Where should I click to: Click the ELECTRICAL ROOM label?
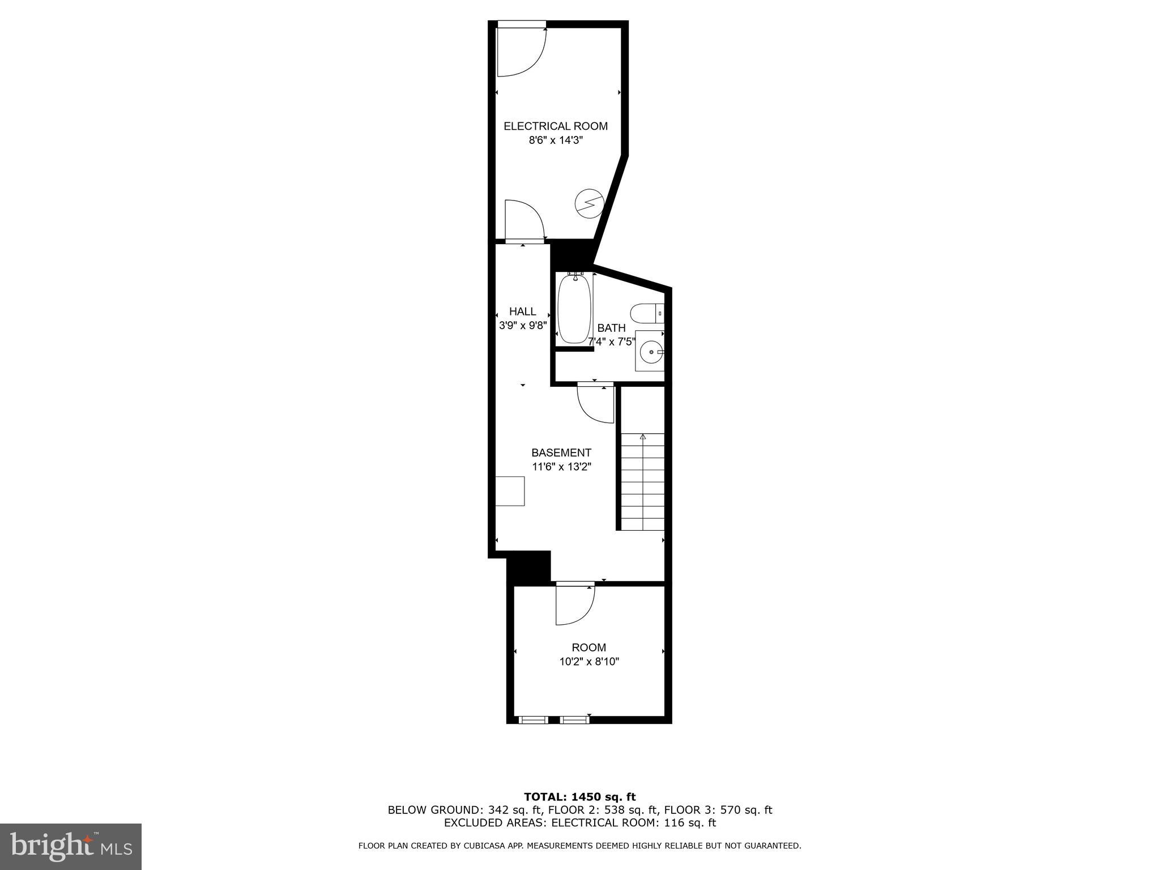[555, 126]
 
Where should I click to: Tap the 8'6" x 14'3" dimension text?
[555, 140]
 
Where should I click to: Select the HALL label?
[522, 312]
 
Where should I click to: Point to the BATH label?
[611, 328]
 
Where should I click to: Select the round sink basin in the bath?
[651, 352]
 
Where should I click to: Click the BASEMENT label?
[561, 453]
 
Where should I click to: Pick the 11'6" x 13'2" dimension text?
[561, 467]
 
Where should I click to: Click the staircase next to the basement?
[642, 481]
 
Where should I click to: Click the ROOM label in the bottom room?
[588, 647]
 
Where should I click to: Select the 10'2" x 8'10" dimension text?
[588, 662]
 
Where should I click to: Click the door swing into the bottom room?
[574, 605]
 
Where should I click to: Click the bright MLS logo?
[71, 846]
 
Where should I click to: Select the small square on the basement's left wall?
[510, 491]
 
